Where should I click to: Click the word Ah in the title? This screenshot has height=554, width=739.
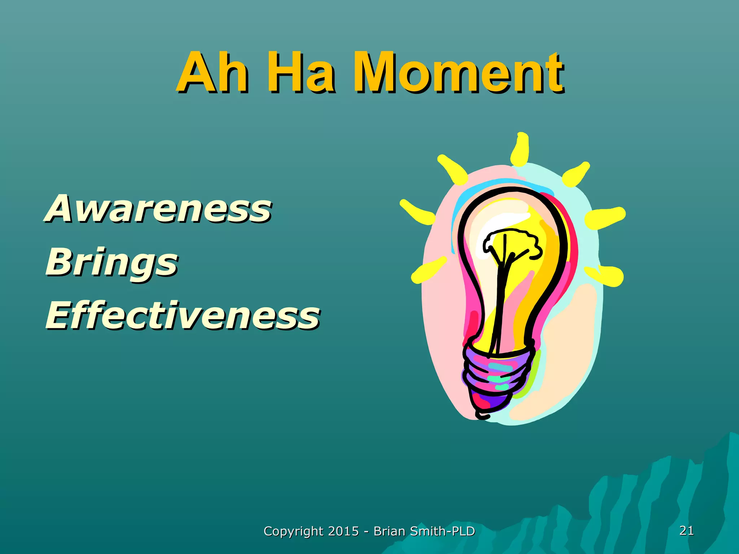click(213, 72)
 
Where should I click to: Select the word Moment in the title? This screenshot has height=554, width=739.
click(458, 72)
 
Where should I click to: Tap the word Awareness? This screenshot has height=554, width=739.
click(159, 208)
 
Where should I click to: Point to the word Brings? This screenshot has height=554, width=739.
click(112, 263)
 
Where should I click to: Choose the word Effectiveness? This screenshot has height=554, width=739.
click(183, 316)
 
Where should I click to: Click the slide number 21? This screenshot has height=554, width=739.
click(686, 531)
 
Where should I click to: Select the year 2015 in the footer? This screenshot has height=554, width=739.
click(344, 531)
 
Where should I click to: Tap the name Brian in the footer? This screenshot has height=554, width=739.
click(389, 531)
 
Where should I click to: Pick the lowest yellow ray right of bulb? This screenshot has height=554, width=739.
click(606, 276)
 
